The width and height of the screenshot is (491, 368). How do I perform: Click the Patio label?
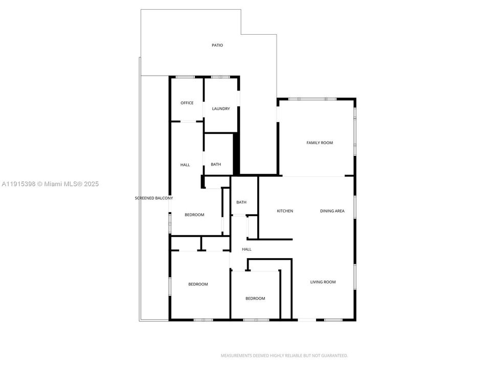coord(217,45)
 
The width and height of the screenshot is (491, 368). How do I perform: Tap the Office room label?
coord(187,103)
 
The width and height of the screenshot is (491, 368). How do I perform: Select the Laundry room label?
coord(221,109)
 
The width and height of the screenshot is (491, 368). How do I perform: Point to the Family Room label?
coord(320,143)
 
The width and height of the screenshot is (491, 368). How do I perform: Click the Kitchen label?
coord(285,211)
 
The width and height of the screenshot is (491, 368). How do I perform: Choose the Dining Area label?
coord(332,211)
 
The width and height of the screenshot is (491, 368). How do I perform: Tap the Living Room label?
coord(323,282)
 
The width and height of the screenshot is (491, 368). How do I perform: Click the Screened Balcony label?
coord(154,198)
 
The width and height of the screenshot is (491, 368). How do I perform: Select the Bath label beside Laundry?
coord(216,165)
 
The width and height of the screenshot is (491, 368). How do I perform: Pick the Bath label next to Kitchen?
coord(241,202)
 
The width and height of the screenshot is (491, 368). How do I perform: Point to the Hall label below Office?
coord(185,165)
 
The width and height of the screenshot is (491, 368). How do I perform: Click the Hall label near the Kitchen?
coord(247,249)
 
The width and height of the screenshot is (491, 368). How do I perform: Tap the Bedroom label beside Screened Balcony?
coord(194,215)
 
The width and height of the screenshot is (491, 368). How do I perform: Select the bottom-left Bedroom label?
coord(198,284)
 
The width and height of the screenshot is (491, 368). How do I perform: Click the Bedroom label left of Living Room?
coord(255,298)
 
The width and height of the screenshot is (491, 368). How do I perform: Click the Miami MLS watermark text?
coord(50,184)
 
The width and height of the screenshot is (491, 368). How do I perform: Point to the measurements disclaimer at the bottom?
coord(284,355)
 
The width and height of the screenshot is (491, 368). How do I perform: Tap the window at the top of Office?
coord(186,77)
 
